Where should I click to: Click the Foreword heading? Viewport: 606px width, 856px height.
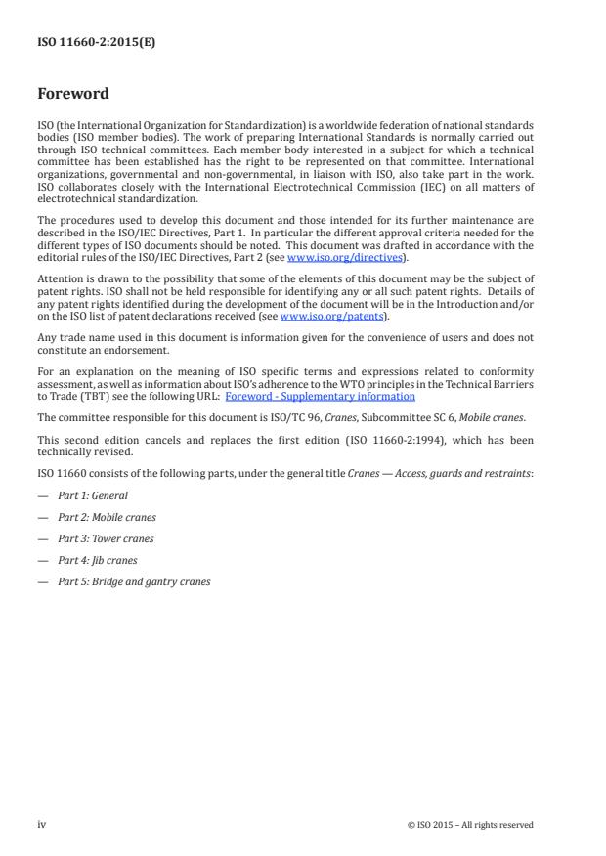pos(72,95)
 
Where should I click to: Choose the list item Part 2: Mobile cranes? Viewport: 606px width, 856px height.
pos(107,517)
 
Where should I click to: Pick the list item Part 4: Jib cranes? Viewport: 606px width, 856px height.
pos(98,560)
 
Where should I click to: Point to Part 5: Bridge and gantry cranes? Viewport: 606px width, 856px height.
pos(134,581)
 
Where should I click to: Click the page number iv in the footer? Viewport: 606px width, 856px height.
pos(42,824)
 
